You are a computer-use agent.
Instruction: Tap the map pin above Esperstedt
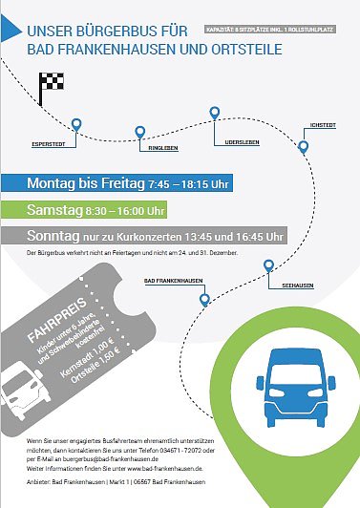tap(77, 123)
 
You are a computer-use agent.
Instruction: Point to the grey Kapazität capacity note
tap(277, 29)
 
